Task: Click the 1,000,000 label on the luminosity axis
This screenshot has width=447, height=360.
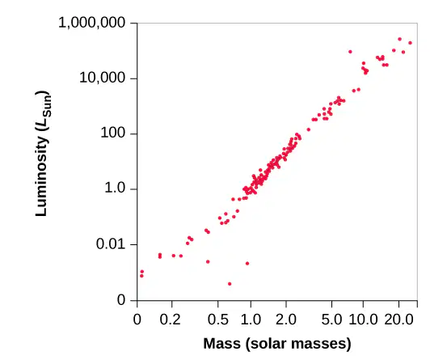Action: [x=92, y=23]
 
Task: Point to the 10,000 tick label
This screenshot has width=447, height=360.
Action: [x=103, y=78]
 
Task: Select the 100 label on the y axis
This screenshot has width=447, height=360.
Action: [x=113, y=133]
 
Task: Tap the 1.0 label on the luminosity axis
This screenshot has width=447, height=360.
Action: [x=115, y=188]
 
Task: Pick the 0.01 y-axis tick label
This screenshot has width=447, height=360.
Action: [x=111, y=244]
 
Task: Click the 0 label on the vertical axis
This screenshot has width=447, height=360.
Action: [x=121, y=300]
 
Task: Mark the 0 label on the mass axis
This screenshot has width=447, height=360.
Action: [x=137, y=320]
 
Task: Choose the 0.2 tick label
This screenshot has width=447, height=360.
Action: [x=171, y=320]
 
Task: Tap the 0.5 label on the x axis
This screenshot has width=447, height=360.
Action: [x=218, y=320]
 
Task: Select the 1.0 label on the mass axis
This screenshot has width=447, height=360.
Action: [x=251, y=320]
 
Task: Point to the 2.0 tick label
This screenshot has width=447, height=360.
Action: [x=286, y=320]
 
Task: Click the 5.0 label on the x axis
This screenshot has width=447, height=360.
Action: [x=331, y=320]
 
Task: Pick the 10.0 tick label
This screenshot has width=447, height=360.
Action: [x=363, y=320]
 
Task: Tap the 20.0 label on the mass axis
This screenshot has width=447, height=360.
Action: [x=399, y=320]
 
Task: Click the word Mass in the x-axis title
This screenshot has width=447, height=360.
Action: [x=222, y=344]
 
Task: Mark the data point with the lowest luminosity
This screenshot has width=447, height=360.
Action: [x=230, y=284]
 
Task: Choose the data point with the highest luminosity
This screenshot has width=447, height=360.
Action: [x=399, y=39]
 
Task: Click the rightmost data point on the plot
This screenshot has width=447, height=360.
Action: [x=411, y=43]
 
